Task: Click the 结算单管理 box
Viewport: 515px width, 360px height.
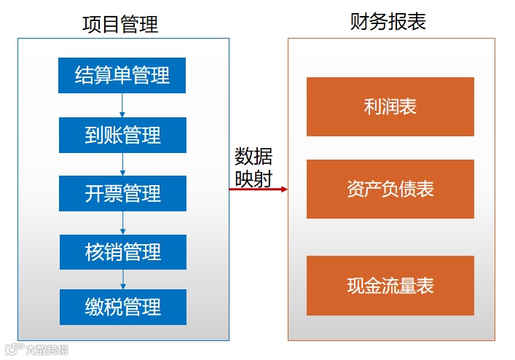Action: click(x=122, y=75)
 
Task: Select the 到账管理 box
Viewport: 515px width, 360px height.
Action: click(x=122, y=135)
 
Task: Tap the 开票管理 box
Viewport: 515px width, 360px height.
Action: click(x=122, y=194)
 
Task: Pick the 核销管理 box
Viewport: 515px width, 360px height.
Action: click(x=122, y=252)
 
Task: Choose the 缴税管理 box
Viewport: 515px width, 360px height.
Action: click(x=122, y=307)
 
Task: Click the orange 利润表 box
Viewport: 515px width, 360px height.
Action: click(x=390, y=106)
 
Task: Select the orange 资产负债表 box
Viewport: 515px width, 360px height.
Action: click(x=390, y=189)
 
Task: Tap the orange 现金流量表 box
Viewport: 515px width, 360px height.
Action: click(x=390, y=286)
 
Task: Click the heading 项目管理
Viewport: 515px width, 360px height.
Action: click(x=120, y=25)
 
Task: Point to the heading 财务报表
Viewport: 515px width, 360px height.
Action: click(x=388, y=22)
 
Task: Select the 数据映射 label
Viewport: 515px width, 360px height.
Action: click(x=253, y=168)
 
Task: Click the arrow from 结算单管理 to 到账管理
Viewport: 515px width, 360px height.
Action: click(x=122, y=105)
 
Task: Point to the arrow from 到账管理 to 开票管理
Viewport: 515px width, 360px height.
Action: click(x=122, y=164)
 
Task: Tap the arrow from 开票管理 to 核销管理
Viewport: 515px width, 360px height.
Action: click(x=122, y=223)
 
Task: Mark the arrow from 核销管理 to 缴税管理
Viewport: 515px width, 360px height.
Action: click(x=122, y=279)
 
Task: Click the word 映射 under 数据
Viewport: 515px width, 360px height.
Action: click(x=253, y=179)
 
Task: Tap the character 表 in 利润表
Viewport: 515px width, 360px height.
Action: click(x=408, y=106)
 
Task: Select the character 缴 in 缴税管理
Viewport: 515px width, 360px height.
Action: click(x=94, y=307)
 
